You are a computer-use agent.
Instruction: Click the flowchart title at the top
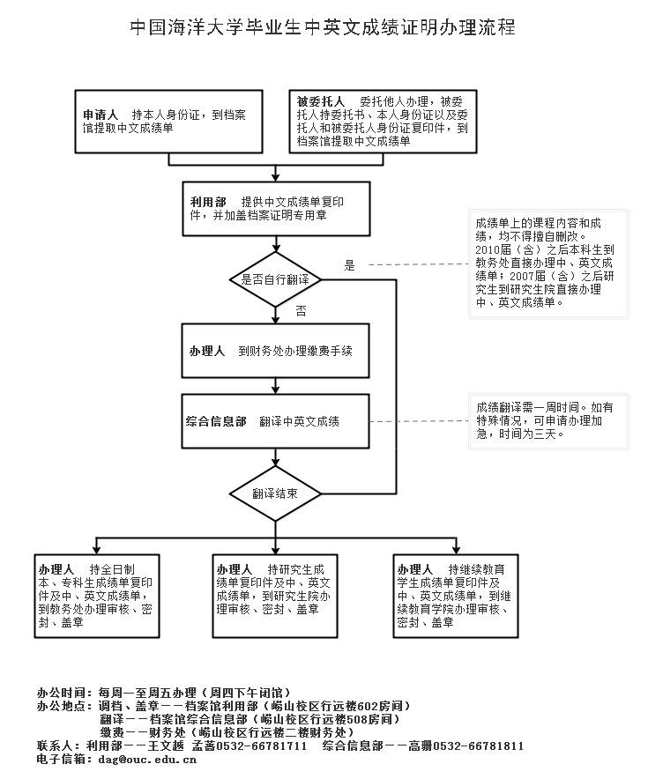tap(323, 27)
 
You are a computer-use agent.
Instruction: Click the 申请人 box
tap(170, 122)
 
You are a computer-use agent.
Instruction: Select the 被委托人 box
tap(384, 122)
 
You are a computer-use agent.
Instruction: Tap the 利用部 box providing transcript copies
tap(275, 209)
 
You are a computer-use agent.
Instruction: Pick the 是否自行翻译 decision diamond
tap(275, 279)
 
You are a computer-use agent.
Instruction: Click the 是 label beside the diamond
tap(348, 265)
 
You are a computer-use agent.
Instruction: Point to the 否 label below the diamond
tap(301, 310)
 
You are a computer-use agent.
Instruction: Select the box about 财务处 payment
tap(275, 350)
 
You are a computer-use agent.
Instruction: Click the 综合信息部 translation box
tap(275, 421)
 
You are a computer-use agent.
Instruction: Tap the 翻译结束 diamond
tap(275, 493)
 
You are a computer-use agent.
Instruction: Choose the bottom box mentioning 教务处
tap(98, 595)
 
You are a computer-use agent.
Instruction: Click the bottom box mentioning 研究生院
tap(275, 595)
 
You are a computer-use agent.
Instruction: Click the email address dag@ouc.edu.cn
tap(147, 759)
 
